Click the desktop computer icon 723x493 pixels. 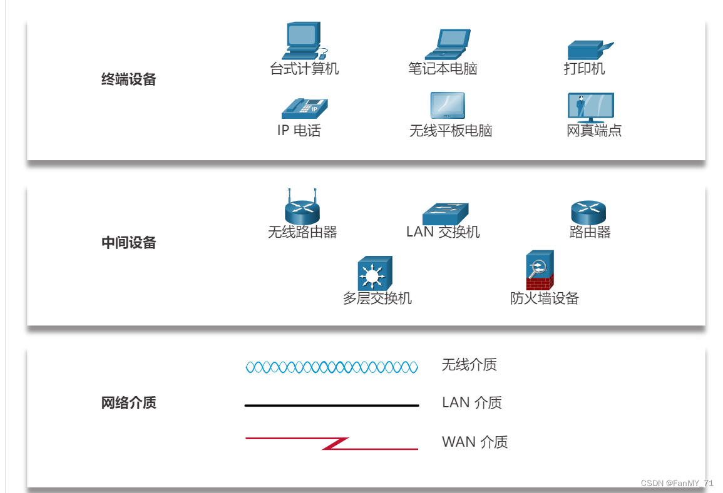pos(304,41)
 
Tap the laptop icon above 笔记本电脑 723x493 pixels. pos(448,44)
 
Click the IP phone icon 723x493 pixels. pos(304,108)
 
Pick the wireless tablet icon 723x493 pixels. pos(448,106)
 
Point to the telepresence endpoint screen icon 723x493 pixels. pos(590,108)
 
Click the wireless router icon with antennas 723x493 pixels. pos(302,208)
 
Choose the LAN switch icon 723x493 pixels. pos(445,213)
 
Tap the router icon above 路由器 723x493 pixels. pos(588,213)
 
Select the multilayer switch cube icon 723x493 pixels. pos(374,273)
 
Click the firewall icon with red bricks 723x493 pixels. pos(540,270)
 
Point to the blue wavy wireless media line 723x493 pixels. pos(332,367)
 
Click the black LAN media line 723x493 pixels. pos(332,405)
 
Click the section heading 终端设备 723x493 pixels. pos(128,79)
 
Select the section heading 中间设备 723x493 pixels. pos(128,243)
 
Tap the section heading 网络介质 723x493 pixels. pos(128,403)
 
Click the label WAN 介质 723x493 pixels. pos(474,442)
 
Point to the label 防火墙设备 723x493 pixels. pos(544,298)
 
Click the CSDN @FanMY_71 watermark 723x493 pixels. pos(677,484)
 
